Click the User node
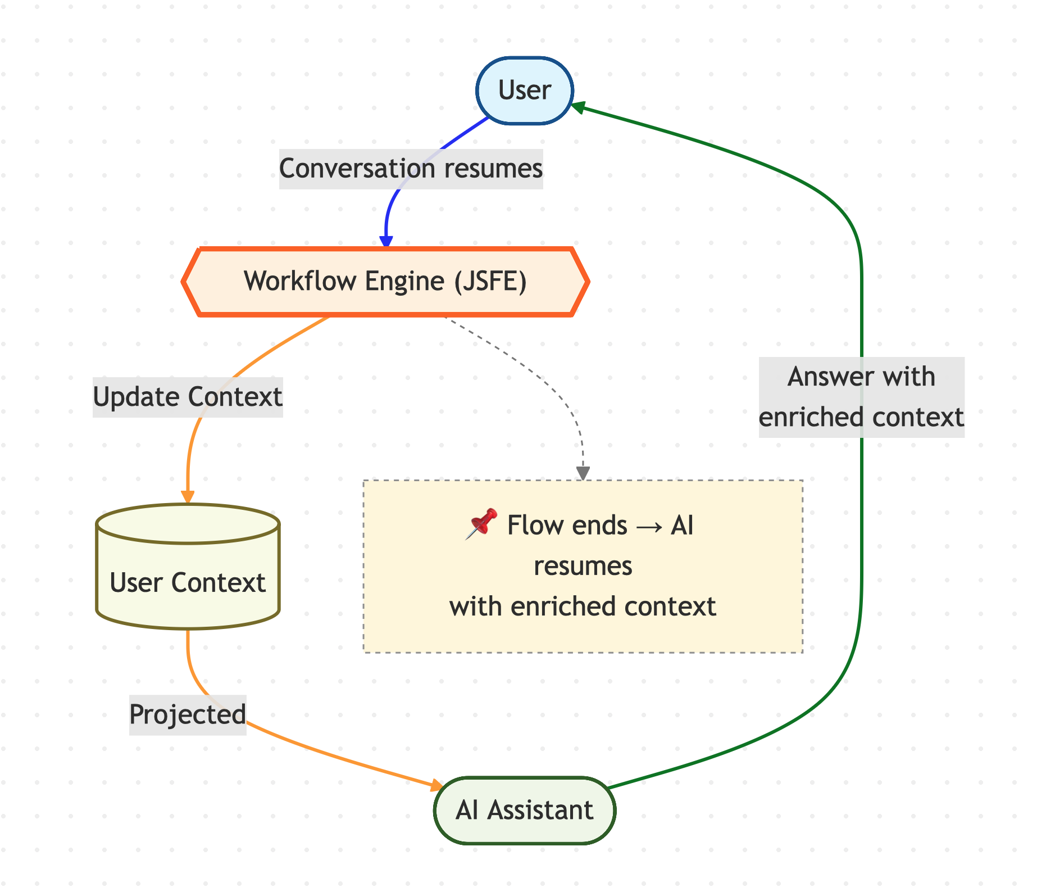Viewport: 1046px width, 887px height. pos(525,90)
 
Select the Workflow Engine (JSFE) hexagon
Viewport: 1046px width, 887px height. pos(385,281)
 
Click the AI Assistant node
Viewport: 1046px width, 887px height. pos(525,810)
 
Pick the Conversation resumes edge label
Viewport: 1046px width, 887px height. pos(411,169)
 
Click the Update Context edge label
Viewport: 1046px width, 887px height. pos(188,397)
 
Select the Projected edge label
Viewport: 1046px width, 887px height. pos(188,714)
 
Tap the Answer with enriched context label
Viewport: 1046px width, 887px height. pos(861,397)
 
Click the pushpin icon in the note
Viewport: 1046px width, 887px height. pos(481,524)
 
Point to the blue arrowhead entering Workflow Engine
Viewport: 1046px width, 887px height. pos(386,241)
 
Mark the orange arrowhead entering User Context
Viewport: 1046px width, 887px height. pos(188,497)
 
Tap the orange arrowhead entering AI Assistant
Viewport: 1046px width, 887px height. pos(436,785)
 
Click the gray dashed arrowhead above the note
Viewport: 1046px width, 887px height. pos(583,473)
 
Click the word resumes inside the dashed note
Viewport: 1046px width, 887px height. pos(583,566)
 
